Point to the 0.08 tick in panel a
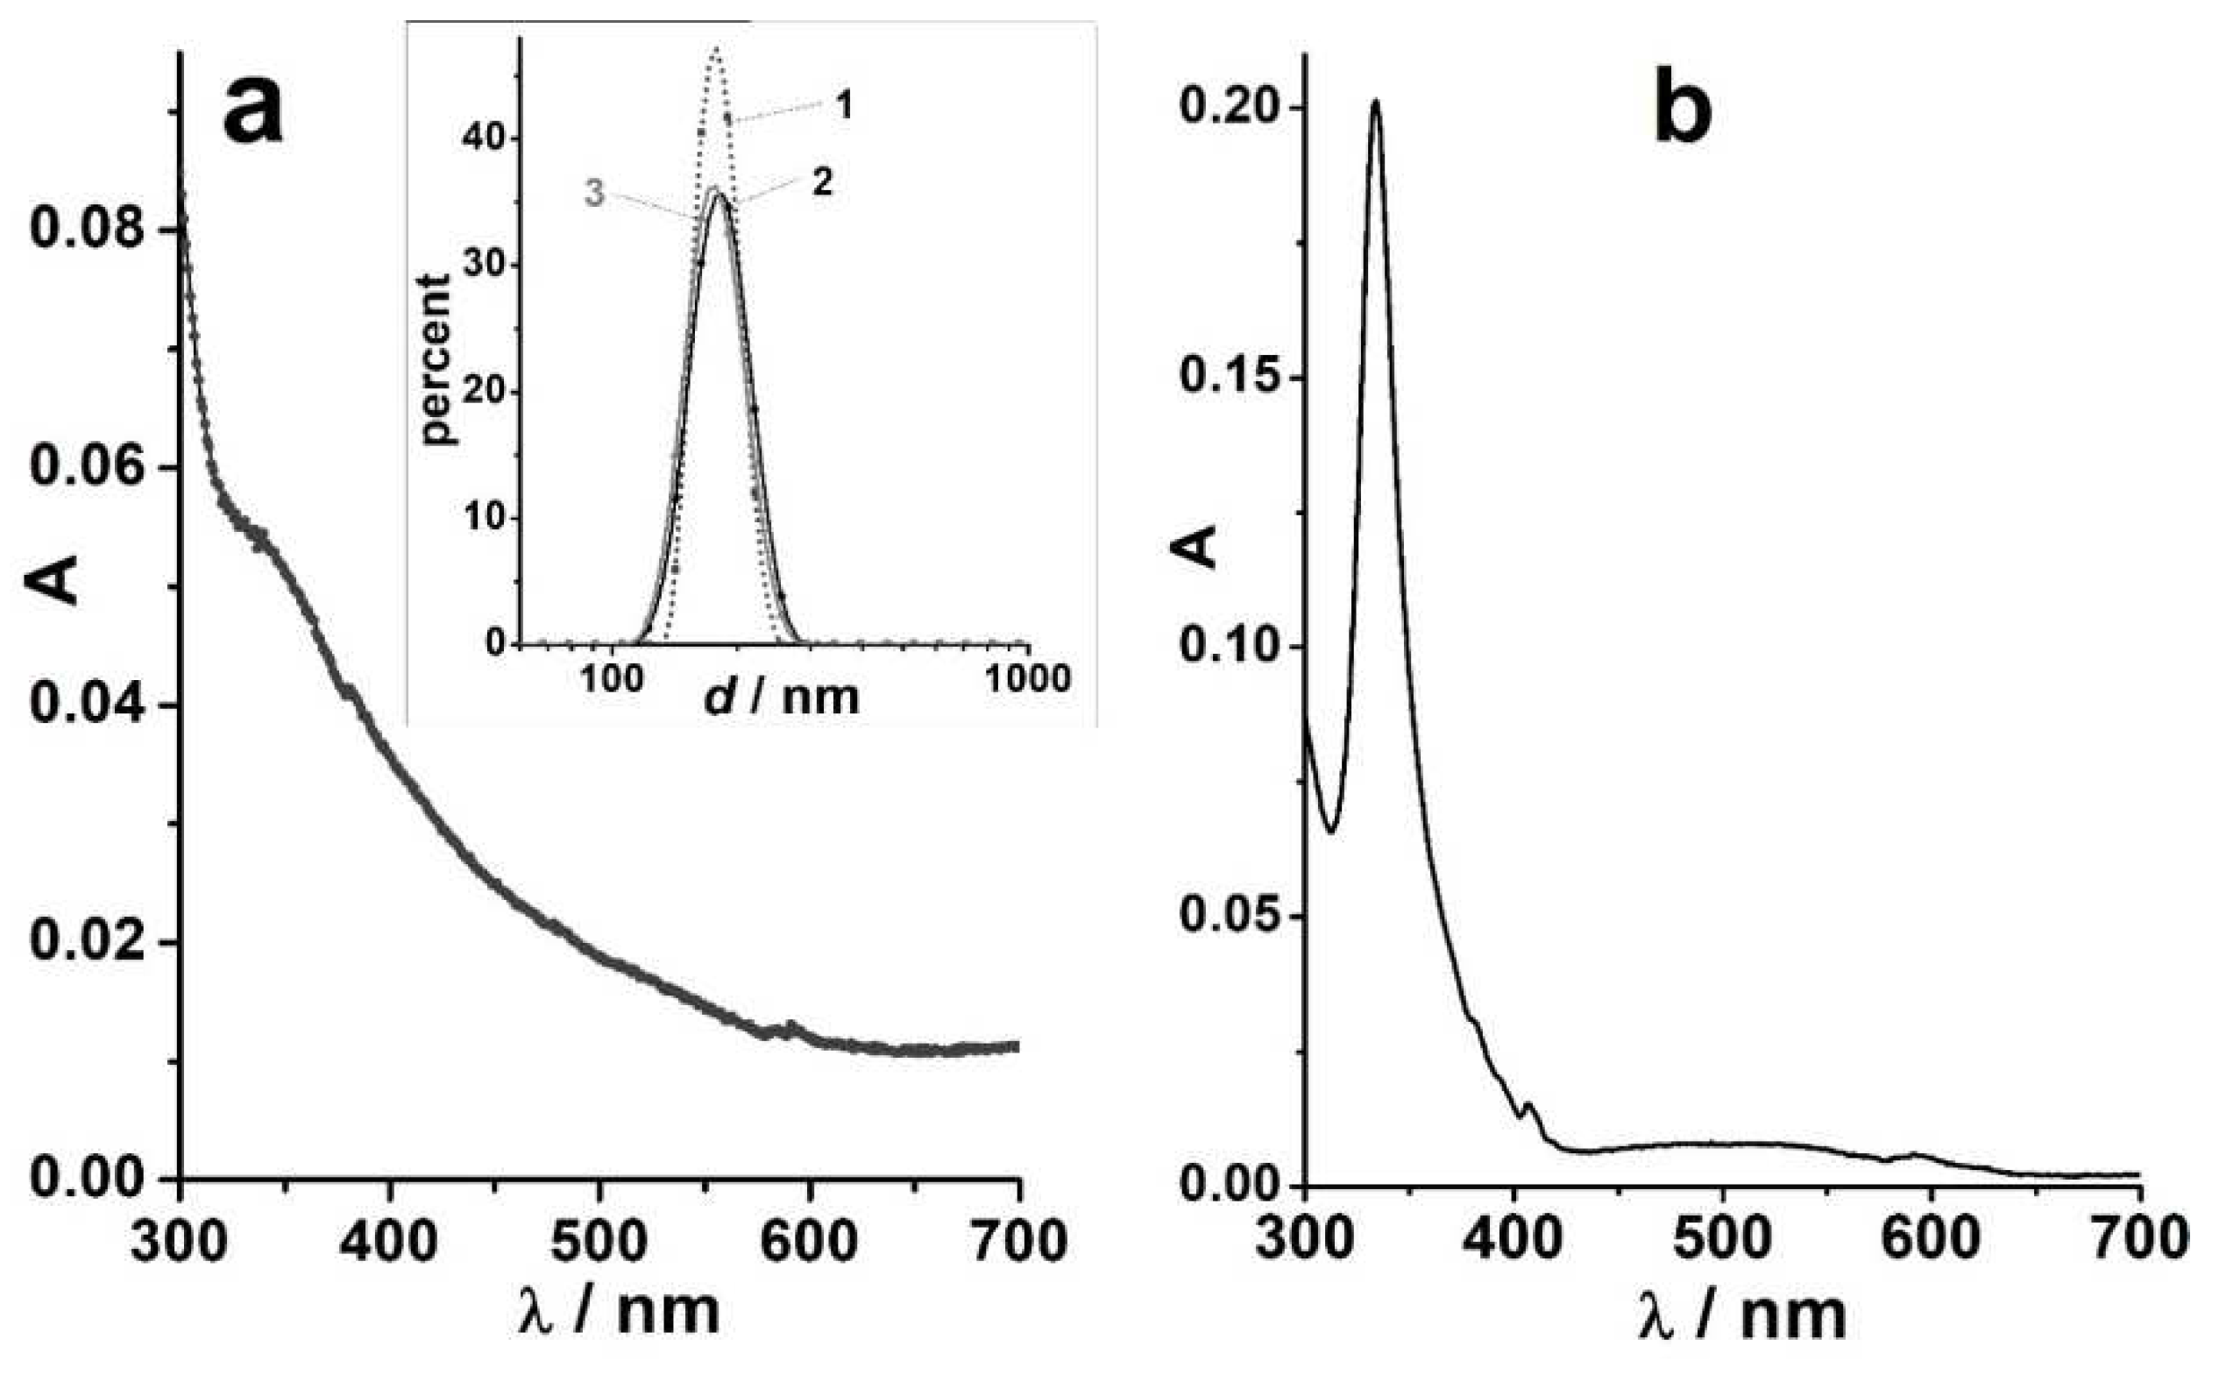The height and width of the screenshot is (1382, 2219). click(x=88, y=229)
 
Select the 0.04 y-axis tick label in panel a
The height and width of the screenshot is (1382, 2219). click(x=88, y=705)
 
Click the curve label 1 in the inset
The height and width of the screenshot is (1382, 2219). click(x=845, y=106)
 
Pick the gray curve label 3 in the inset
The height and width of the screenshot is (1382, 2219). click(x=595, y=194)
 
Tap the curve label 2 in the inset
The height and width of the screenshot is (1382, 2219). click(x=823, y=182)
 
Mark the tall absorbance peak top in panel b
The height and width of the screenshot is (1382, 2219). click(x=1374, y=103)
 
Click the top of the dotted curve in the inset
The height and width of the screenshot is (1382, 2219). click(x=718, y=47)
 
